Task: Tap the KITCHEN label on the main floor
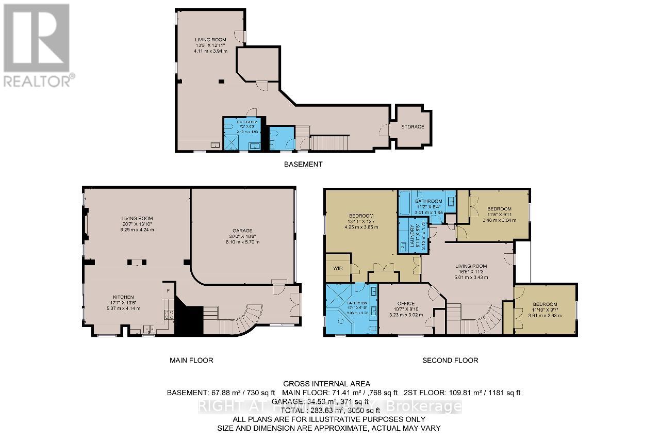coord(124,297)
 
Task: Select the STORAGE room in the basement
coord(413,126)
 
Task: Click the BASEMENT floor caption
coord(303,164)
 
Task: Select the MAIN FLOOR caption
coord(191,360)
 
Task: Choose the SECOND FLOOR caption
coord(450,360)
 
